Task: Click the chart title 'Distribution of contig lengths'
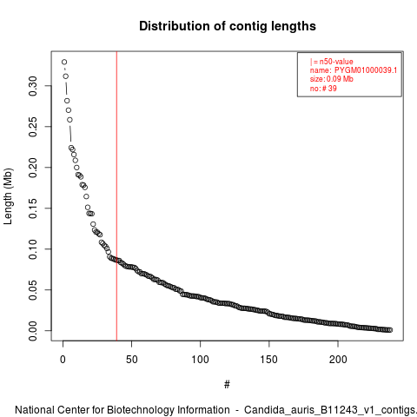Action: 228,26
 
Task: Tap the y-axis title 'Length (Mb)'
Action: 9,196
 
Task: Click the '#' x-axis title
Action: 227,385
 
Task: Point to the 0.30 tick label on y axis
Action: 33,86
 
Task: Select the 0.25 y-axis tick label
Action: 33,127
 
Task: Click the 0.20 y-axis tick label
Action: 33,168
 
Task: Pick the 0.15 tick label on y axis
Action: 33,208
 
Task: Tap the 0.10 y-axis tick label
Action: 33,249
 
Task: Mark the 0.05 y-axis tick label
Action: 33,290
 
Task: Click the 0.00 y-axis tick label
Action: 33,331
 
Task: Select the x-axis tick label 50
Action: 131,360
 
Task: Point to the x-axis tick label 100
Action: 200,360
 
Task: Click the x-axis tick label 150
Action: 269,360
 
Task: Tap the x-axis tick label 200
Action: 338,360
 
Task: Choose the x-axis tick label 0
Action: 63,360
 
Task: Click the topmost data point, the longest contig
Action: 64,62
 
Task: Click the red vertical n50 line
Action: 116,196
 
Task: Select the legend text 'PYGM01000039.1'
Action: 366,70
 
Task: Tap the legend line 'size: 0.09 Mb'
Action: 332,79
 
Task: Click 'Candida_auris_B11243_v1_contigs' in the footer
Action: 329,410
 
